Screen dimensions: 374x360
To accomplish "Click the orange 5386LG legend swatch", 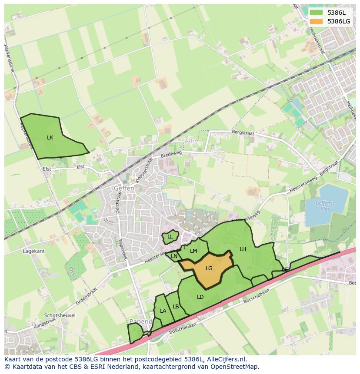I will point(317,21).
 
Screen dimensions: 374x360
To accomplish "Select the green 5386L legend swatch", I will point(317,13).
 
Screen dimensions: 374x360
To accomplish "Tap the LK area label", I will point(50,137).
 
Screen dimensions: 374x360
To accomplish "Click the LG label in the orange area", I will point(209,268).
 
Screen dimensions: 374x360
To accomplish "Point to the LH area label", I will point(243,249).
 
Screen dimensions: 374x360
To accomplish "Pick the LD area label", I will point(200,297).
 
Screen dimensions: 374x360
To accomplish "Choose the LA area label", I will point(163,311).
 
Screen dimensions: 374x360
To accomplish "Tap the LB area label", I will point(176,306).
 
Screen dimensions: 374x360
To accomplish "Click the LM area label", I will point(193,251).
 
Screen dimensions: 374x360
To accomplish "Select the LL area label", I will point(170,237).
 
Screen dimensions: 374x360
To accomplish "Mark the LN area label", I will point(174,256).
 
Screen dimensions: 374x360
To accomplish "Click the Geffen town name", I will point(124,189).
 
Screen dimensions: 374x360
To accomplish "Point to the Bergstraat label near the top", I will point(242,131).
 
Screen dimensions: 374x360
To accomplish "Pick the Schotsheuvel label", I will point(60,315).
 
